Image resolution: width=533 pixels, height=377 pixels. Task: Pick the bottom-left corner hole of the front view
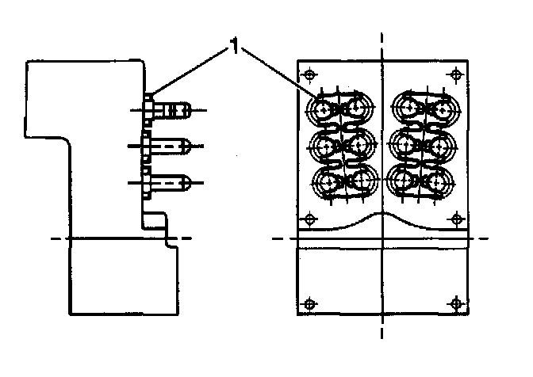tap(310, 301)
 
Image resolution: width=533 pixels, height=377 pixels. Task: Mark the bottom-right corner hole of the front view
tap(454, 301)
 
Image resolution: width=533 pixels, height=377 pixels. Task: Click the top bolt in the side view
tap(171, 109)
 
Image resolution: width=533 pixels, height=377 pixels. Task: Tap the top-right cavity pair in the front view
tap(421, 109)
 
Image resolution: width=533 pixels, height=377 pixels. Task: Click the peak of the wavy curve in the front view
tap(382, 213)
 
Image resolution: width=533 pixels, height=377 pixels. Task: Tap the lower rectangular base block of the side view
tap(123, 277)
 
